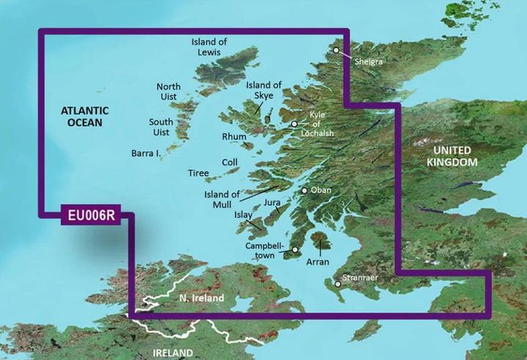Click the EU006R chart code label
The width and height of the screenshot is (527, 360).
tap(89, 217)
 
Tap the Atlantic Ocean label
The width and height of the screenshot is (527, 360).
tap(84, 116)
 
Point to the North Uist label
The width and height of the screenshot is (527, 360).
tap(168, 92)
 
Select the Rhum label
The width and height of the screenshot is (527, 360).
tap(234, 137)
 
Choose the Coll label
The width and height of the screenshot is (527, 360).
tap(230, 163)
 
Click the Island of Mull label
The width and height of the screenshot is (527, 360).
tap(222, 199)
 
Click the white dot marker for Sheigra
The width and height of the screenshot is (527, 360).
tap(336, 50)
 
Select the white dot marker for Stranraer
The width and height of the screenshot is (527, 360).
tap(337, 283)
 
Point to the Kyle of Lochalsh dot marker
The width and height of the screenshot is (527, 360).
tap(294, 124)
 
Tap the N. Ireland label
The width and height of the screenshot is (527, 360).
tap(201, 299)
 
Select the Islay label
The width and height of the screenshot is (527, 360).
tap(242, 216)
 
